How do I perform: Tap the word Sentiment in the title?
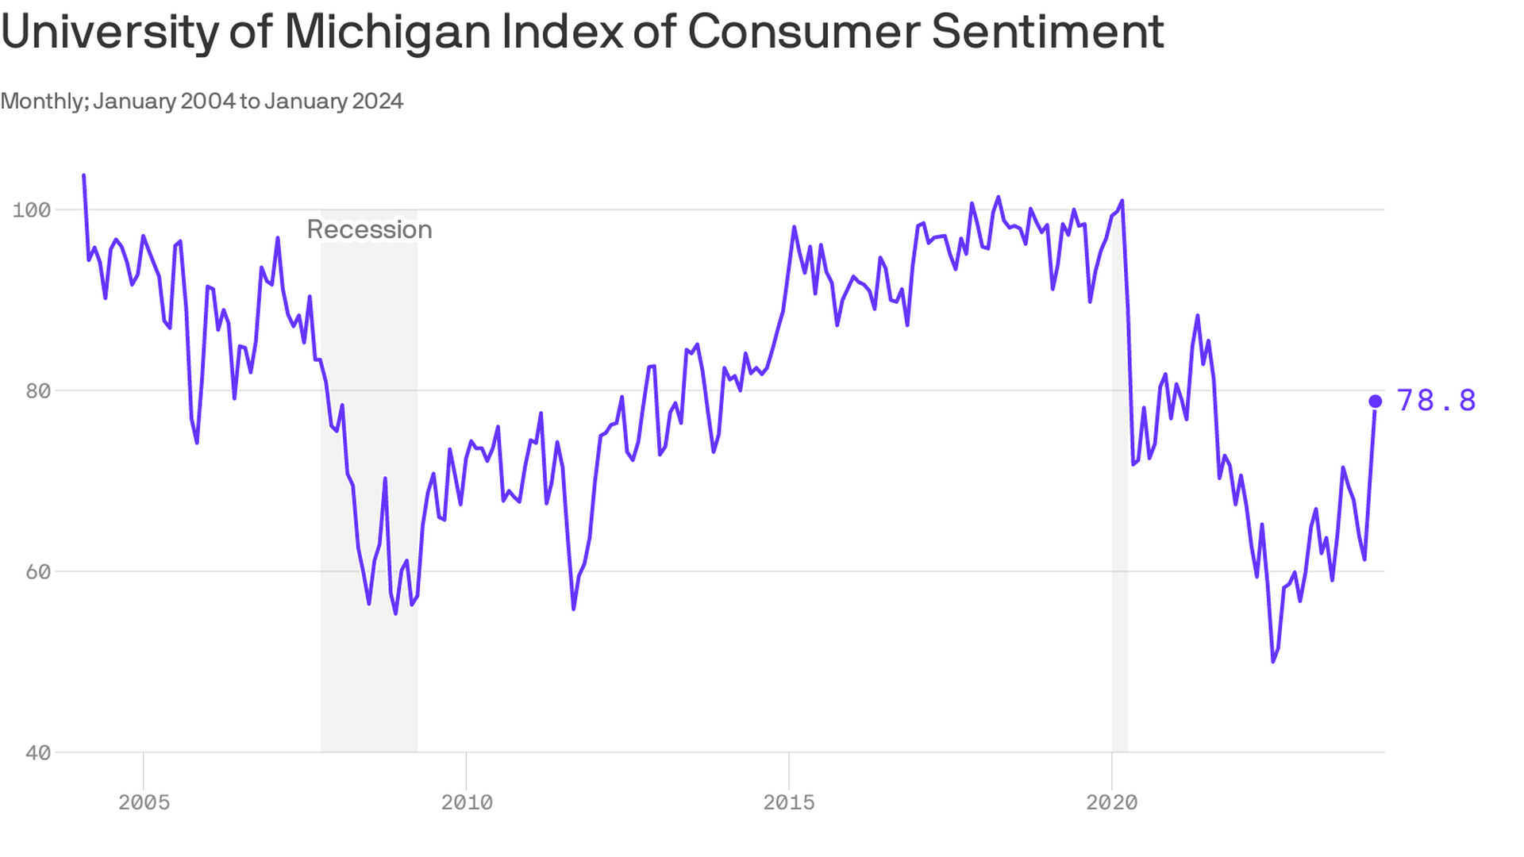(1047, 32)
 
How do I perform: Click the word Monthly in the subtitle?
(44, 102)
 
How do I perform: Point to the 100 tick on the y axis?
(32, 210)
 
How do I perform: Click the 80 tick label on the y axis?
(38, 391)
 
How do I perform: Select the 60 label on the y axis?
(38, 572)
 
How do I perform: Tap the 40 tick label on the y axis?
(38, 753)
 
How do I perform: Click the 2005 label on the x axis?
(144, 802)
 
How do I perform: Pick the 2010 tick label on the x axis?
(467, 802)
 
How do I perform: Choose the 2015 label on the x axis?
(789, 802)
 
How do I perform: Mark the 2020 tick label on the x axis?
(1112, 802)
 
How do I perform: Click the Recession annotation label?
(369, 229)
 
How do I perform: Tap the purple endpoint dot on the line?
(1376, 402)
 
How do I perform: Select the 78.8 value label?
(1436, 401)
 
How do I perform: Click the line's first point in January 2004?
(84, 175)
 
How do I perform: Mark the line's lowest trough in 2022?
(1273, 661)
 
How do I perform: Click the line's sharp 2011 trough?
(573, 609)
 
